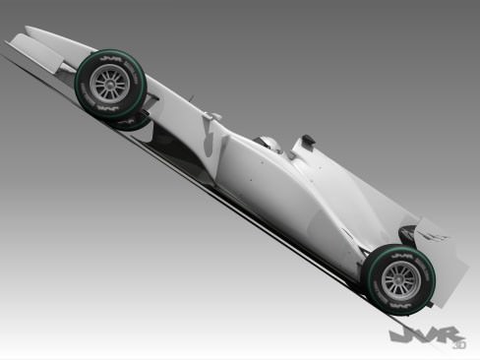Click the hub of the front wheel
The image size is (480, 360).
pos(108,84)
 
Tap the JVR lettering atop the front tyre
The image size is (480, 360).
pos(105,62)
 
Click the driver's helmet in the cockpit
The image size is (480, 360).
pos(269,144)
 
